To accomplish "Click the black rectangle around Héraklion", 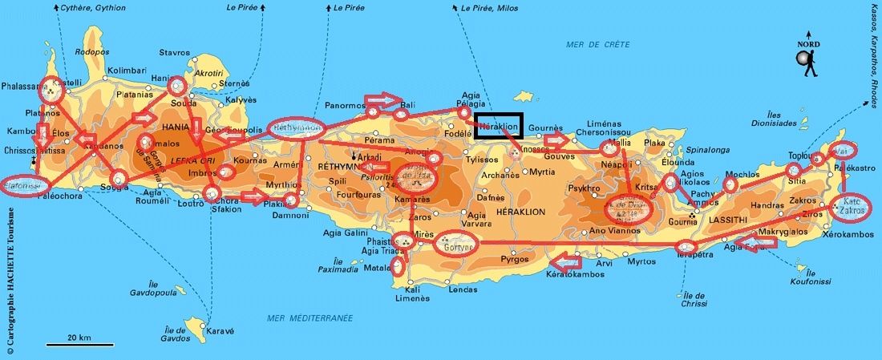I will (498, 126).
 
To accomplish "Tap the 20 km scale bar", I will (69, 345).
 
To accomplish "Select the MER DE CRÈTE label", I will (598, 44).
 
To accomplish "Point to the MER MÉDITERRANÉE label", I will (310, 318).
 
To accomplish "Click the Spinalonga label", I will (706, 149).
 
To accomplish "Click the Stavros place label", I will (175, 53).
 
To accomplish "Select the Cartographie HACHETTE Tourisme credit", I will (10, 281).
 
